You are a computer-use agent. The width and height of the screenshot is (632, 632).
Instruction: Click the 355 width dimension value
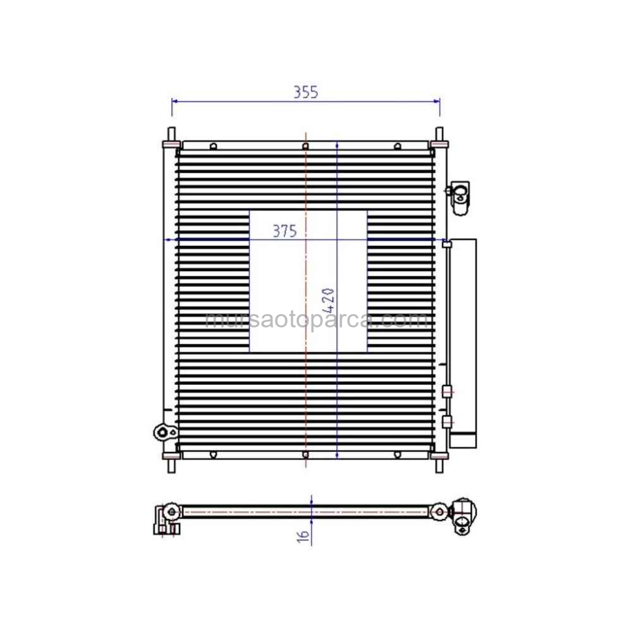pos(305,92)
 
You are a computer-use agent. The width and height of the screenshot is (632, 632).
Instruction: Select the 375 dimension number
pos(284,231)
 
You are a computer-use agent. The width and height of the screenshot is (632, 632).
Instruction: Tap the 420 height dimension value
pos(329,301)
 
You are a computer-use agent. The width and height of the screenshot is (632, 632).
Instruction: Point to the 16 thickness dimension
pos(303,536)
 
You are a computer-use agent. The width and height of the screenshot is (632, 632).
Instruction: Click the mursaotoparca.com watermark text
pos(317,320)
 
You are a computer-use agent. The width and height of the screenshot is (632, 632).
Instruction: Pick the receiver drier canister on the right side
pos(463,343)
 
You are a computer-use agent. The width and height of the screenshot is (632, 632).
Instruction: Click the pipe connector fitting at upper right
pos(459,197)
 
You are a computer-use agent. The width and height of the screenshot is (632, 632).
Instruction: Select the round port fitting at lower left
pos(165,432)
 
